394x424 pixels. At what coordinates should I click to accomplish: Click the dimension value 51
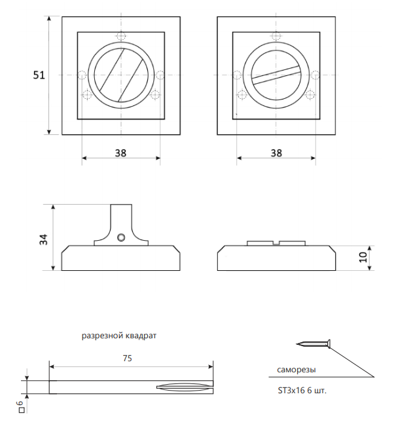coord(39,75)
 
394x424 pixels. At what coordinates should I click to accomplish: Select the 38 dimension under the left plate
coord(120,153)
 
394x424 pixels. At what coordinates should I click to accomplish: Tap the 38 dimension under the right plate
coord(276,153)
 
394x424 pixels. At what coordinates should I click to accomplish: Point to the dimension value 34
coord(44,239)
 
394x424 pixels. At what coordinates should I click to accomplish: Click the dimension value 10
coord(363,257)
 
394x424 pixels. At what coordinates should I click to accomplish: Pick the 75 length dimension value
coord(128,359)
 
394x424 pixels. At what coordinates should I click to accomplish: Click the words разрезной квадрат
coord(119,336)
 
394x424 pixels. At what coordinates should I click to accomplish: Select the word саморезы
coord(296,370)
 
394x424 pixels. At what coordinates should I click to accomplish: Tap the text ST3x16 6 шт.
coord(302,391)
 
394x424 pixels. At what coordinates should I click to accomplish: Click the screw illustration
coord(313,344)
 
